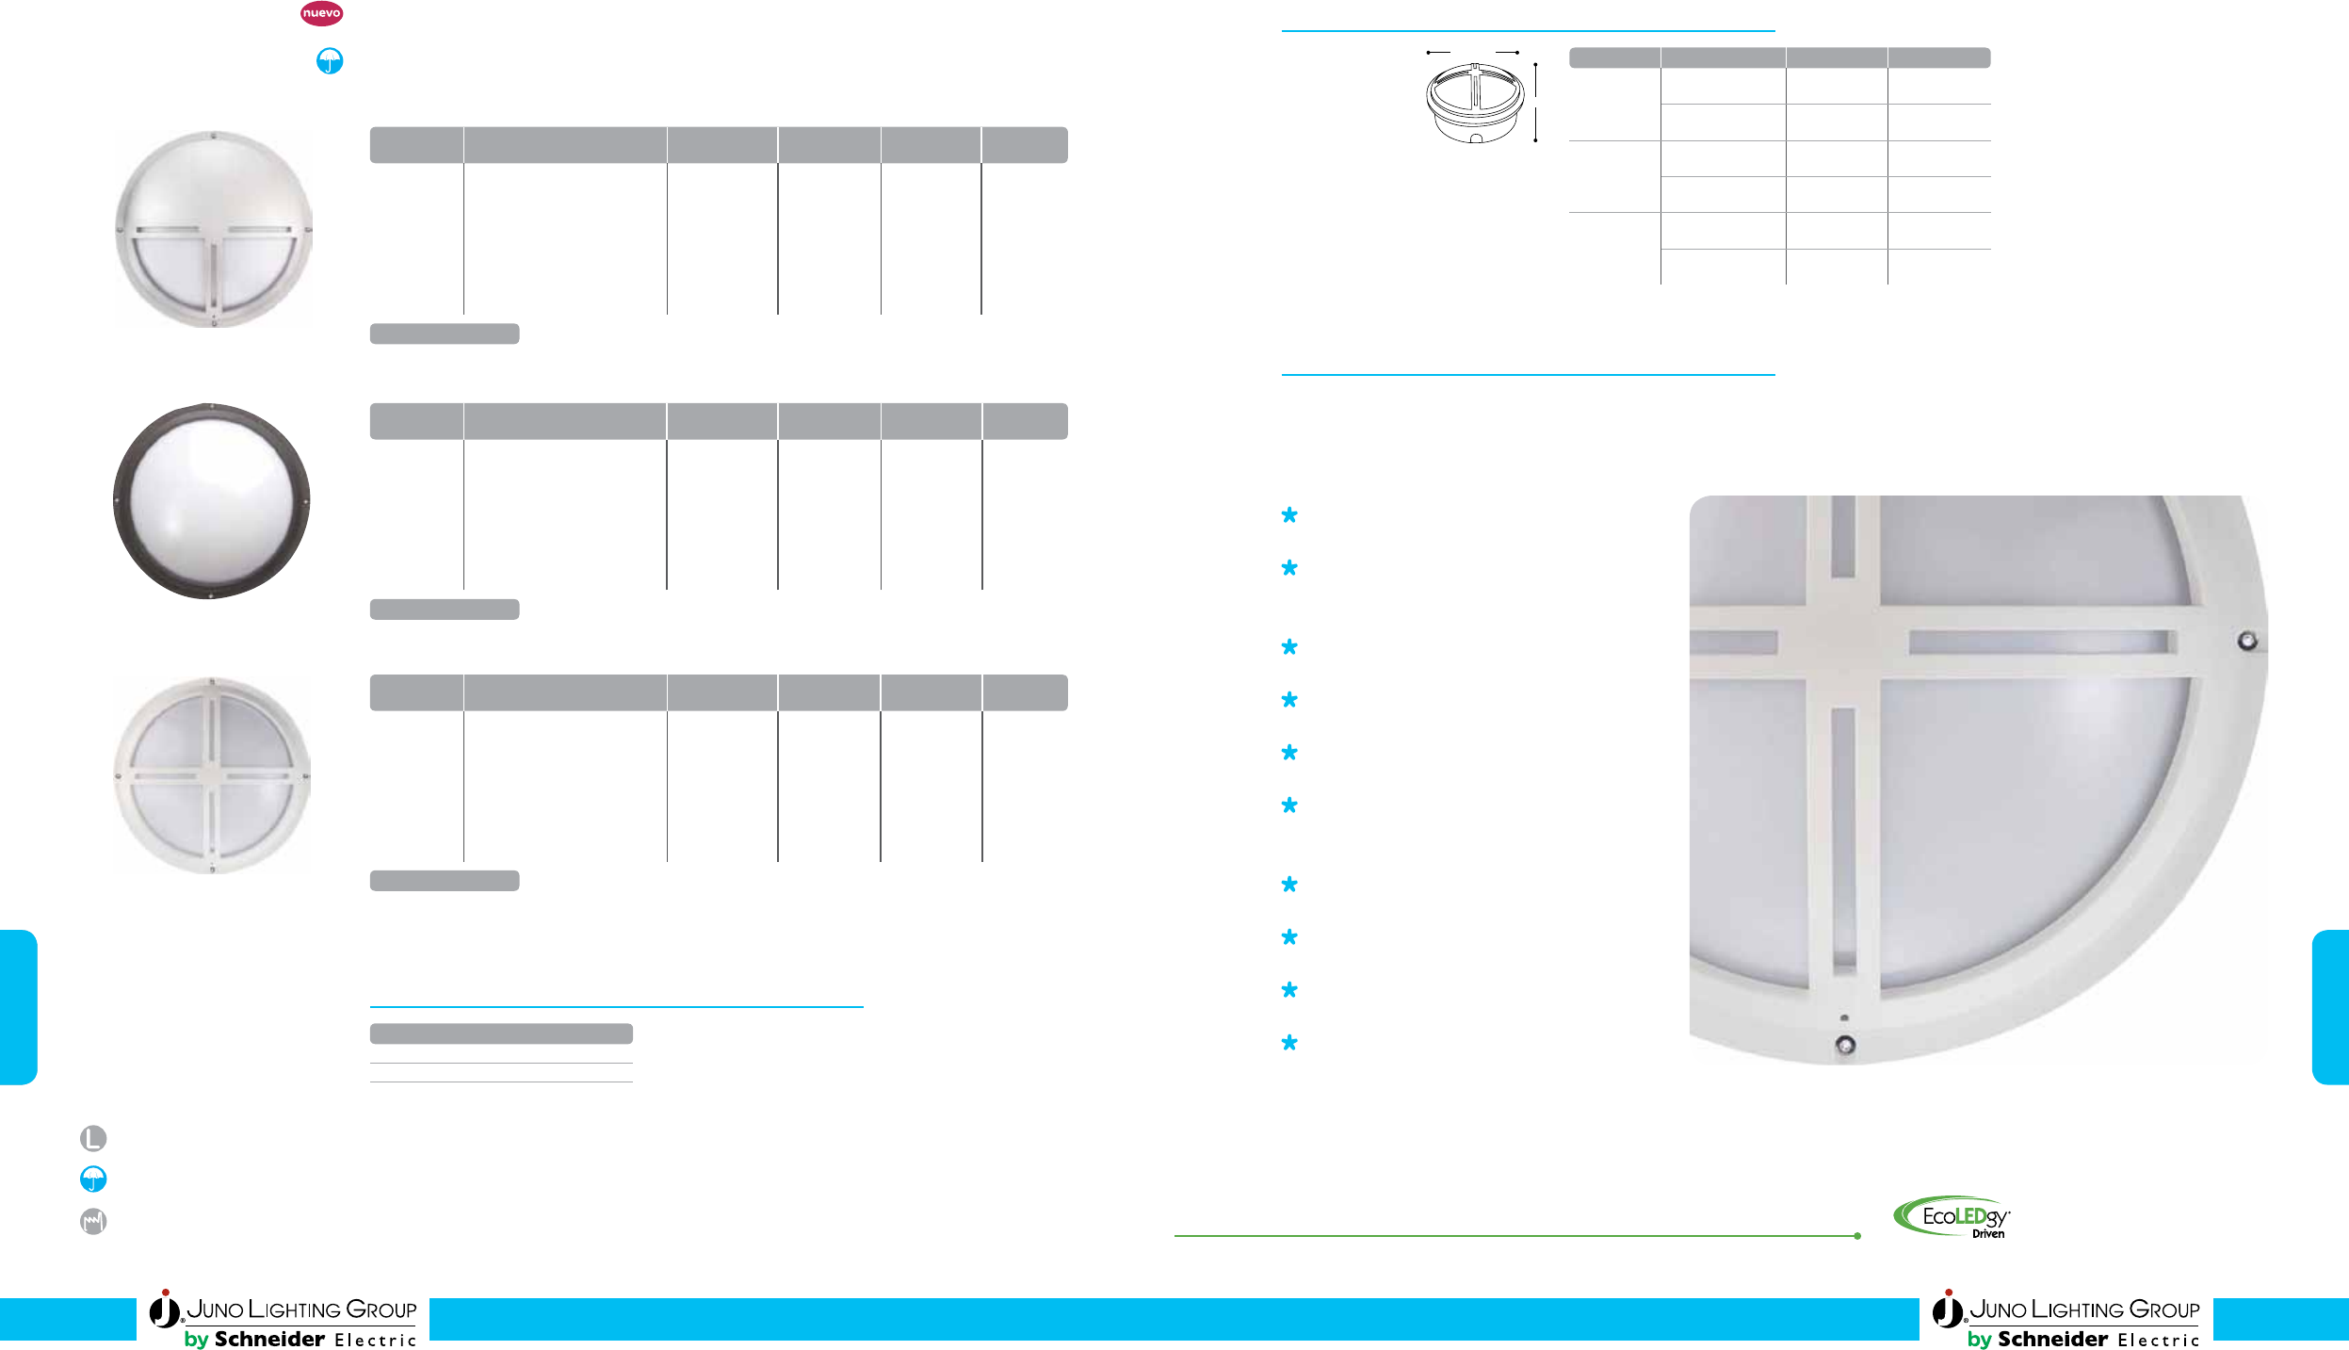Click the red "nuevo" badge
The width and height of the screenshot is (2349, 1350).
tap(321, 13)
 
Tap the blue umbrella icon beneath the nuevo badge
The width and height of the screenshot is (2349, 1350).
tap(329, 61)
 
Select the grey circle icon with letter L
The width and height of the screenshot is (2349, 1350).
tap(93, 1138)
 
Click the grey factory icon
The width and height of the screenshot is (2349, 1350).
tap(93, 1221)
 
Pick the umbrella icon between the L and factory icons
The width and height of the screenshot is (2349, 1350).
tap(93, 1179)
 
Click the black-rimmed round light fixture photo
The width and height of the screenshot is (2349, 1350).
tap(211, 501)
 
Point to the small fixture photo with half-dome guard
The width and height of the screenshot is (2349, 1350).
tap(214, 229)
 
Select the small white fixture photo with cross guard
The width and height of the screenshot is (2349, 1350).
tap(212, 775)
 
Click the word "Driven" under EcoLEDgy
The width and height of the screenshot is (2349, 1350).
tap(1988, 1234)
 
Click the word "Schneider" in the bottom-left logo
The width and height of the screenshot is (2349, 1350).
tap(269, 1339)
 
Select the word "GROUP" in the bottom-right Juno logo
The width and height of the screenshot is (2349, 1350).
tap(2164, 1309)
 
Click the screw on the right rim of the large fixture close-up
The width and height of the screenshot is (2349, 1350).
tap(2247, 642)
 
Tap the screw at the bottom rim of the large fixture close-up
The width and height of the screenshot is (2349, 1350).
tap(1846, 1045)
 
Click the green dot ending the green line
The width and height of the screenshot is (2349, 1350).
tap(1857, 1236)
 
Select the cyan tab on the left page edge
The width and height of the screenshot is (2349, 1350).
tap(18, 1007)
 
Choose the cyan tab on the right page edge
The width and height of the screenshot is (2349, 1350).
tap(2330, 1007)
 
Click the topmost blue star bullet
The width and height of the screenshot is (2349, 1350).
tap(1289, 515)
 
